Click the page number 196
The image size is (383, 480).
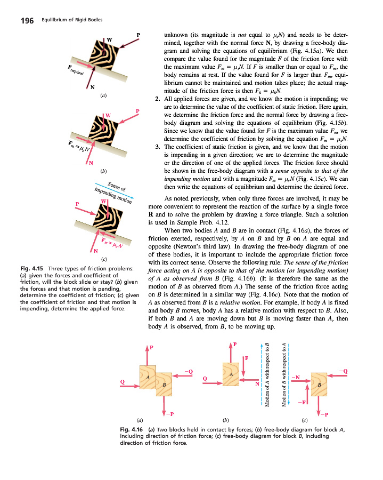(x=27, y=21)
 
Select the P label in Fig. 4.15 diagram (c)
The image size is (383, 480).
(x=77, y=204)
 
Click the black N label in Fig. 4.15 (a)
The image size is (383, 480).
(x=93, y=87)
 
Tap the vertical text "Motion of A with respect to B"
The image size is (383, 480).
(x=267, y=373)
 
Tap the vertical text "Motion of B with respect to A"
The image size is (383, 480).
(x=284, y=373)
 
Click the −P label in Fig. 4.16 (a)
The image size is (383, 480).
(x=169, y=413)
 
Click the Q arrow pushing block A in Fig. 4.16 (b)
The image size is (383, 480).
(x=213, y=379)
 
